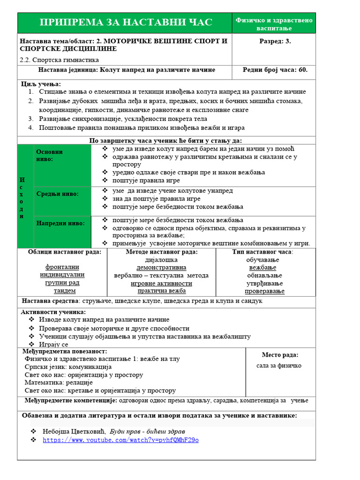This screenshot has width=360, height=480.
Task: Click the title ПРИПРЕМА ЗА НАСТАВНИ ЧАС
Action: pyautogui.click(x=126, y=22)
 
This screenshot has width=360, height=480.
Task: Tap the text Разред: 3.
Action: pyautogui.click(x=275, y=41)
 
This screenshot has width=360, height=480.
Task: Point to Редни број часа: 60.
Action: pyautogui.click(x=275, y=70)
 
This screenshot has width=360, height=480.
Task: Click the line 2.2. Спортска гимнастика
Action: pyautogui.click(x=60, y=60)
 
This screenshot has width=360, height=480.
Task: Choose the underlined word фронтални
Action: pyautogui.click(x=62, y=267)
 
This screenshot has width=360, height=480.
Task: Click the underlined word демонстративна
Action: pyautogui.click(x=162, y=267)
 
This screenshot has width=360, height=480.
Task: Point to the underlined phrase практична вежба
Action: pyautogui.click(x=161, y=291)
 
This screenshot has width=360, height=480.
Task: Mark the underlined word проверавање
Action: pyautogui.click(x=264, y=291)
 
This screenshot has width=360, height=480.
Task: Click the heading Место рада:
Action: pyautogui.click(x=280, y=355)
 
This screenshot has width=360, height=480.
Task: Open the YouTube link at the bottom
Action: pyautogui.click(x=120, y=440)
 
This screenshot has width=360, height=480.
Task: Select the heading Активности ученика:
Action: pyautogui.click(x=53, y=312)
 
